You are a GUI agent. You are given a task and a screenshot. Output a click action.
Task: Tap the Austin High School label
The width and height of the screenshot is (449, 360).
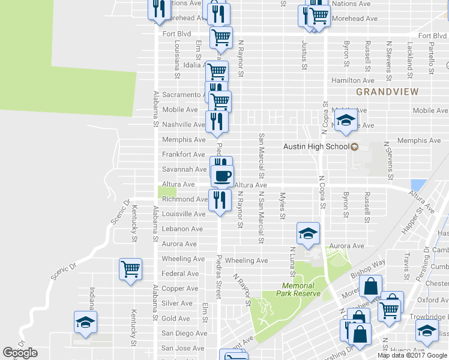316,146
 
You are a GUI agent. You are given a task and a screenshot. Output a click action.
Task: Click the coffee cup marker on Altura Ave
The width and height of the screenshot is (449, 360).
222,176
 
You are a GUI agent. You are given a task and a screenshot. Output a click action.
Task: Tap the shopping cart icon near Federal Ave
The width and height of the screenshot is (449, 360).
130,269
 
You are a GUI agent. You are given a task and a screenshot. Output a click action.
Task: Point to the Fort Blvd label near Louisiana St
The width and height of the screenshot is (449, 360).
176,34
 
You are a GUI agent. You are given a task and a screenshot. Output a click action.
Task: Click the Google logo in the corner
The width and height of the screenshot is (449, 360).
20,353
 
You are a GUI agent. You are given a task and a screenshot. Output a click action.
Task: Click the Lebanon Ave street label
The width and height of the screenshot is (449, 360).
182,229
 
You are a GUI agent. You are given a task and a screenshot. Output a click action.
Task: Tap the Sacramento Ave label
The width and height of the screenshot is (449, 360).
182,95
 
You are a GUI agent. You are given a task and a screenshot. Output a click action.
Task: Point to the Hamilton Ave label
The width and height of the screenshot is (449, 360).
354,80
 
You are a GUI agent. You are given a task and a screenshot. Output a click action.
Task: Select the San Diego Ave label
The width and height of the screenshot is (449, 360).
184,334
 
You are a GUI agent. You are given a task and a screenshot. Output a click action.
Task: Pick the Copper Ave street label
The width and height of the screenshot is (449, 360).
180,289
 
